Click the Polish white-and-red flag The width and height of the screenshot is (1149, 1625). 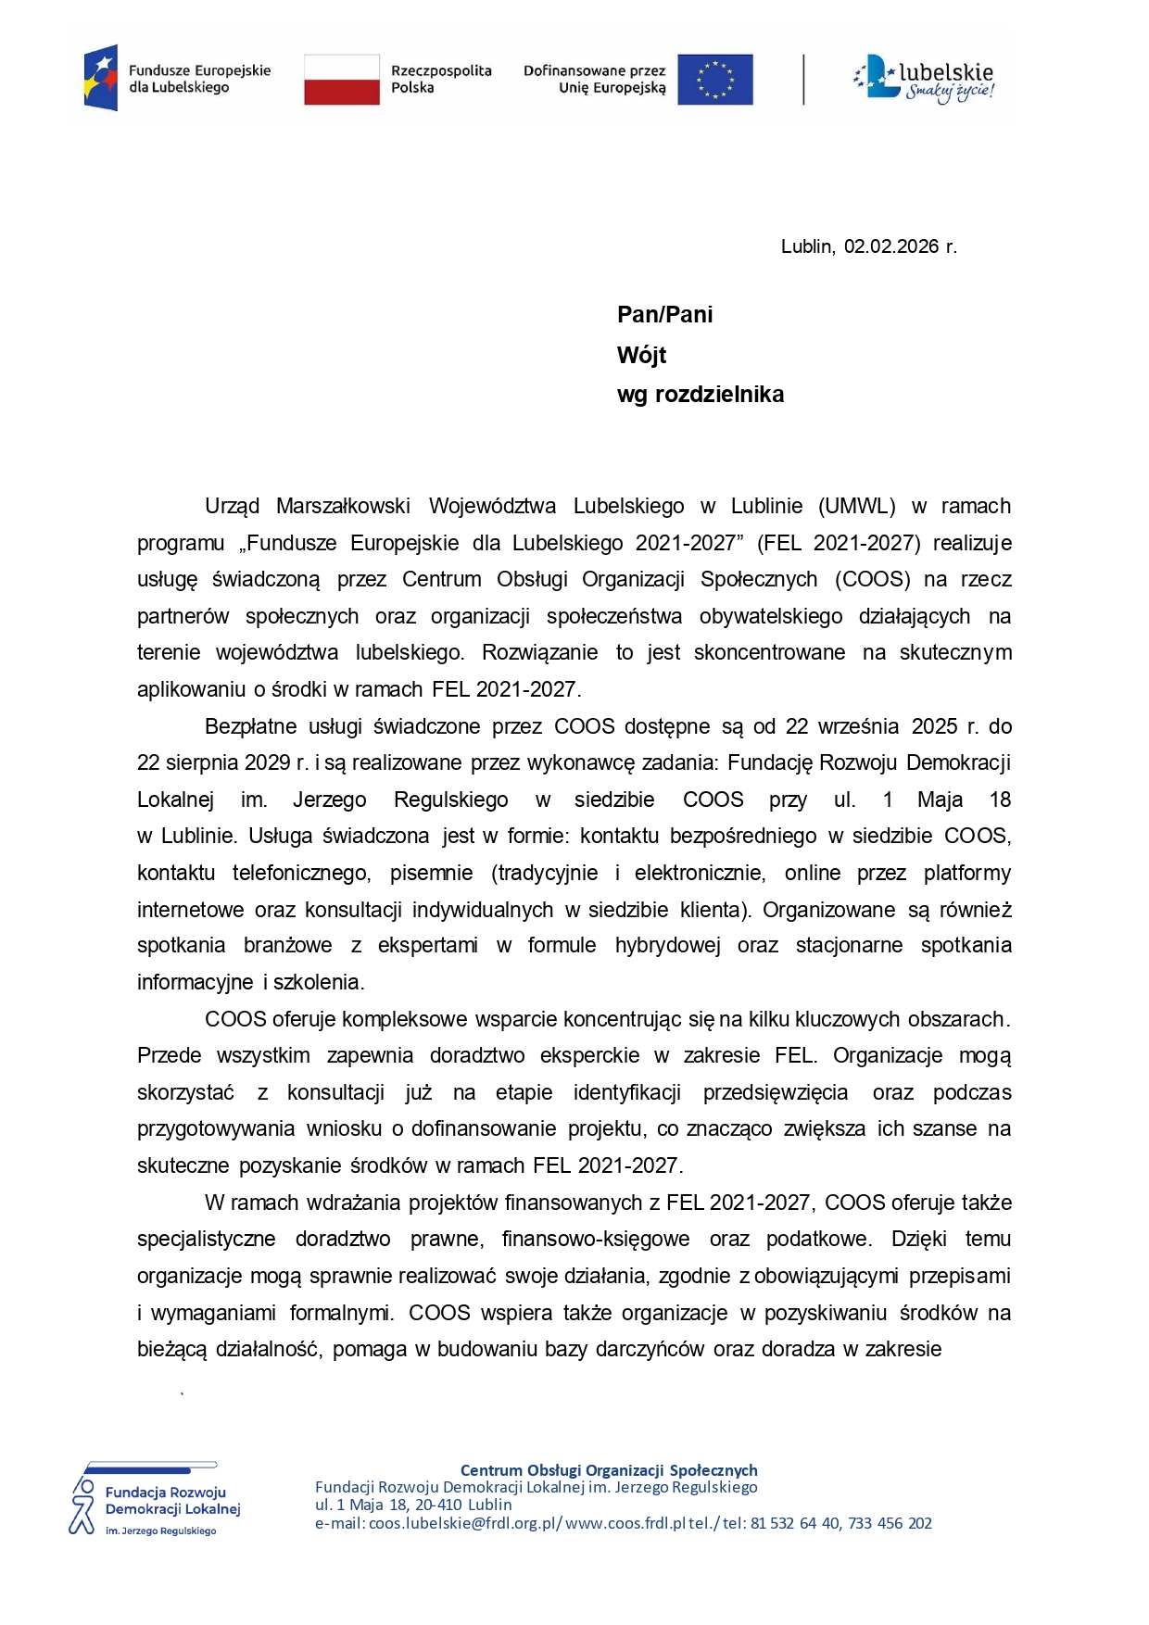(x=342, y=79)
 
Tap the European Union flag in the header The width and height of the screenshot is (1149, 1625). (x=714, y=79)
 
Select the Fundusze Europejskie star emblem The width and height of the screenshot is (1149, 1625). (x=101, y=78)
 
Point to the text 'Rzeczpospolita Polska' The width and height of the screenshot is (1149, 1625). (x=440, y=79)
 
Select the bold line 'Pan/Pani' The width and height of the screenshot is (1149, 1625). (x=664, y=315)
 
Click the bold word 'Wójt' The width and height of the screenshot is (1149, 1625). (x=641, y=355)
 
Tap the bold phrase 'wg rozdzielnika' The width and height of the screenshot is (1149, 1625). (x=700, y=395)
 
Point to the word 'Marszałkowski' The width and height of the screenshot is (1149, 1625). (x=343, y=506)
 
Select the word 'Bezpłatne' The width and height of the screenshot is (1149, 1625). (x=251, y=726)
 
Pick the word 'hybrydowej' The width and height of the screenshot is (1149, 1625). (x=667, y=945)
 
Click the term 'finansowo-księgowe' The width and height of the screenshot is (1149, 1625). (x=595, y=1239)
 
